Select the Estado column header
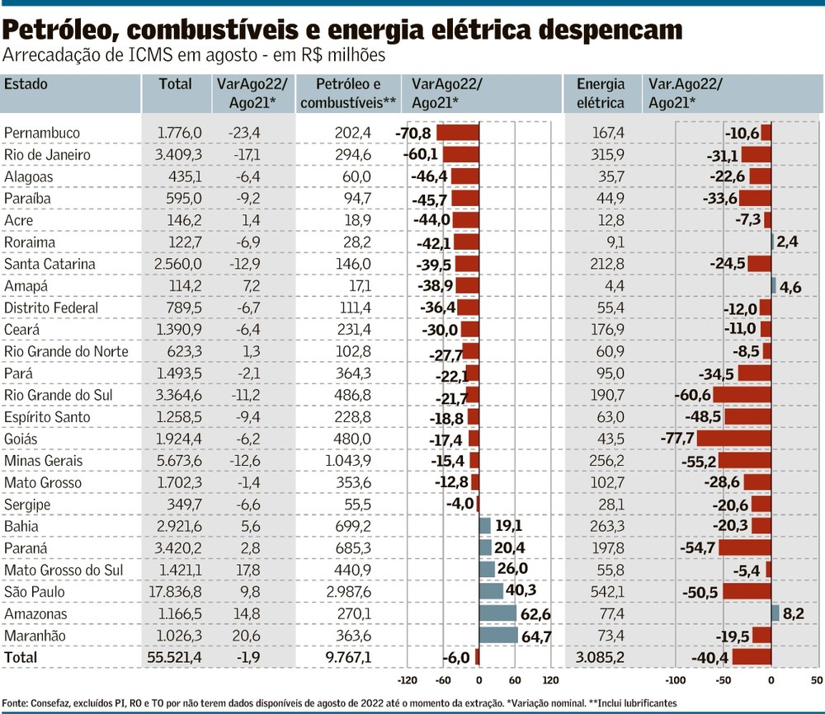pyautogui.click(x=26, y=84)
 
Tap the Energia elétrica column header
pyautogui.click(x=601, y=93)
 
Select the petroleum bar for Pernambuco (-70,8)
pyautogui.click(x=458, y=133)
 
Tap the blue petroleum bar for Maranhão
pyautogui.click(x=498, y=636)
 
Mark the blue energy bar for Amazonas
pyautogui.click(x=775, y=613)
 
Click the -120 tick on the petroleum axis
pyautogui.click(x=408, y=681)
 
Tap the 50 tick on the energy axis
pyautogui.click(x=816, y=681)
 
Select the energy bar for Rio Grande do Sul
pyautogui.click(x=742, y=395)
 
